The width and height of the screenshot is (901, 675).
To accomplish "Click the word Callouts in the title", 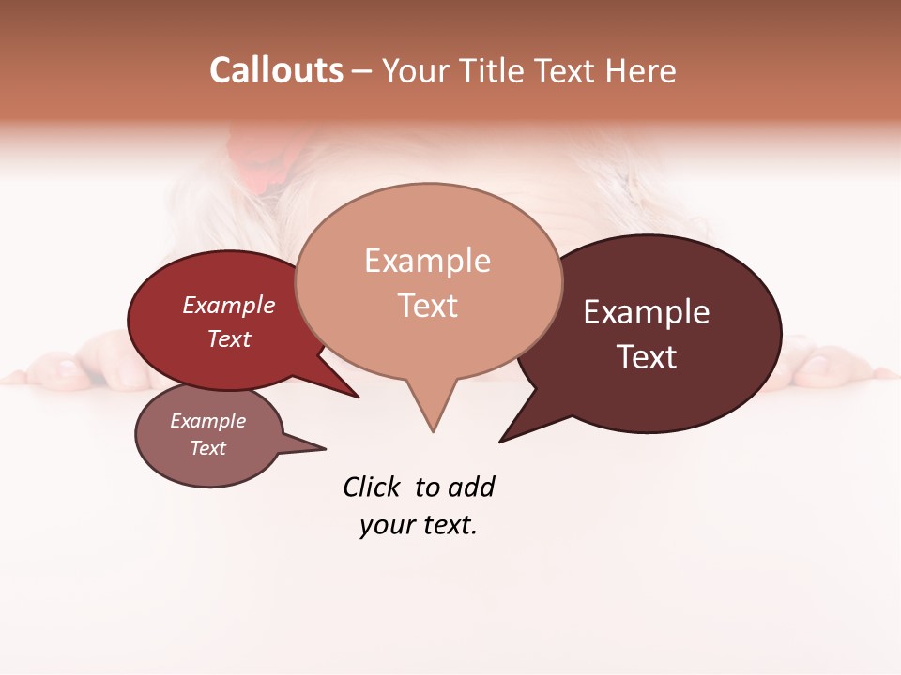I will coord(276,70).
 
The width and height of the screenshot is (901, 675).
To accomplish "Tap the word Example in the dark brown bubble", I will coord(647,312).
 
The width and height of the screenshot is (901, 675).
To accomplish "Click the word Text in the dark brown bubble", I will coord(647,357).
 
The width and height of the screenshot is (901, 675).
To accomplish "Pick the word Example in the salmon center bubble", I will coord(427,261).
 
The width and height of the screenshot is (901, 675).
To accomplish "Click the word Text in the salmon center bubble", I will coord(427,306).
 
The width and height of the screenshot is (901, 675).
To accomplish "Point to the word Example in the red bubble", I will coord(229,305).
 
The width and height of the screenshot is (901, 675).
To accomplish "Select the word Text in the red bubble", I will coord(229,338).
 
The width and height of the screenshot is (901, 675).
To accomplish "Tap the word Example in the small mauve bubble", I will coord(207,421).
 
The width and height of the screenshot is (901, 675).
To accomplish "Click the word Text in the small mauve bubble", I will coord(207,448).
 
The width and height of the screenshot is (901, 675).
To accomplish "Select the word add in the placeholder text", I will coord(471,487).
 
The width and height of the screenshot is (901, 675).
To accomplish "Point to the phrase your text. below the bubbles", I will coord(419,526).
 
